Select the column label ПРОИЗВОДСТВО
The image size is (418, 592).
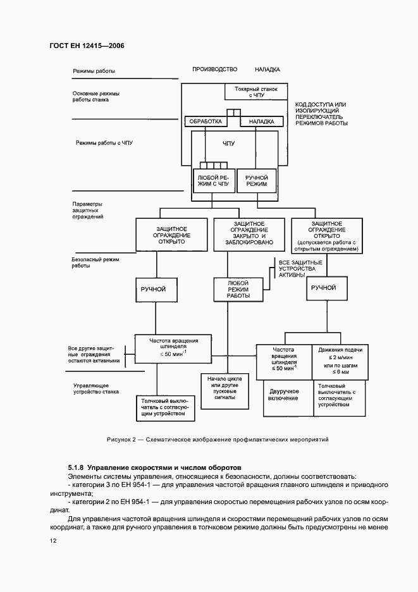[x=214, y=69]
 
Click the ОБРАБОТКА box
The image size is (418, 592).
[x=207, y=121]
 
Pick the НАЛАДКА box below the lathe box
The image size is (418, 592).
[x=261, y=121]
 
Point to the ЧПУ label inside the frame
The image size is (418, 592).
[x=228, y=144]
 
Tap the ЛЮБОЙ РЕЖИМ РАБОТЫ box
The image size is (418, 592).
[x=237, y=289]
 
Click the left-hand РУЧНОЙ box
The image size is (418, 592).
[x=152, y=289]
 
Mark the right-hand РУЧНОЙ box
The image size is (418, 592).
[x=323, y=288]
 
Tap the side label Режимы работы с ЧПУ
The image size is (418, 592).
[x=104, y=143]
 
